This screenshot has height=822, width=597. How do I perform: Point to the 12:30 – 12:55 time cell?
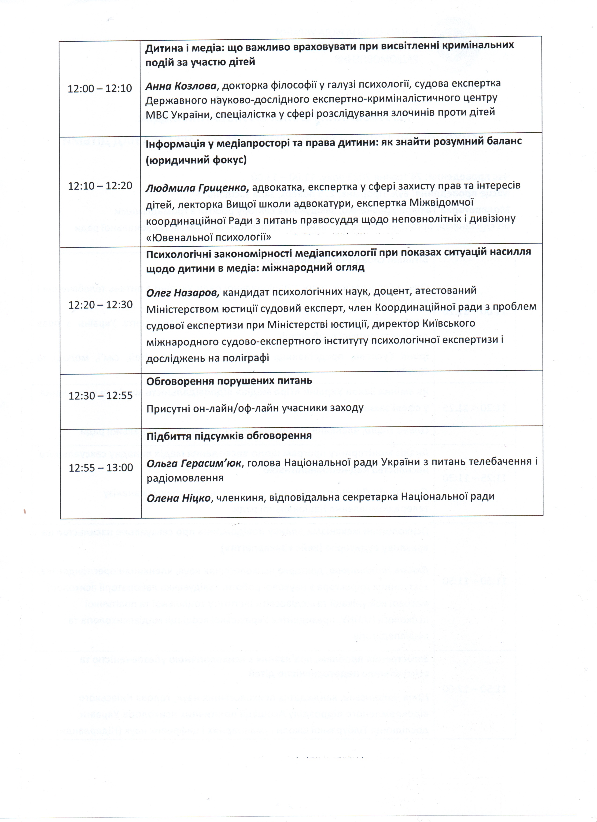(101, 395)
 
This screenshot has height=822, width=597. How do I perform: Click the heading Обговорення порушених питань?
(229, 381)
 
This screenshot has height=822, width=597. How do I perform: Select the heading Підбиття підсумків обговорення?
(229, 436)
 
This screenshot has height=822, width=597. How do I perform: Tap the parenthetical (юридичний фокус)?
(196, 160)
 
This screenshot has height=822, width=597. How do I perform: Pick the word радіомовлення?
(185, 478)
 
